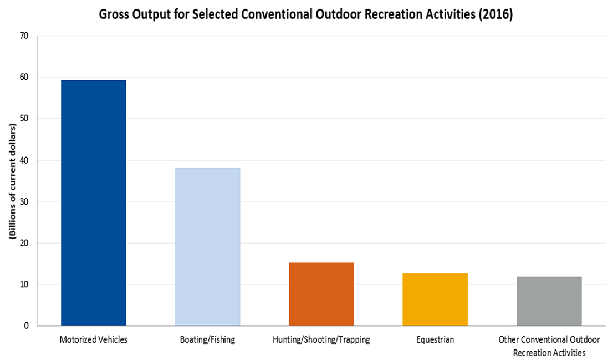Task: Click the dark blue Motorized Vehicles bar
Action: coord(93,203)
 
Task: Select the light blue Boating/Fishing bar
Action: coord(207,246)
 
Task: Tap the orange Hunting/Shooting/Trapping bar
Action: coord(321,294)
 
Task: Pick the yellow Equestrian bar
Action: coord(435,300)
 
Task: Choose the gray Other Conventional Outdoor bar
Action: coord(549,301)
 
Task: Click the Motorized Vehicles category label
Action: coord(93,340)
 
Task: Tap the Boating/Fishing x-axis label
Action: coord(207,340)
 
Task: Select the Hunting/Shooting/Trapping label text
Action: coord(321,340)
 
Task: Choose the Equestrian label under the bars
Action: coord(435,340)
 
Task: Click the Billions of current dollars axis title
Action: coord(12,181)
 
